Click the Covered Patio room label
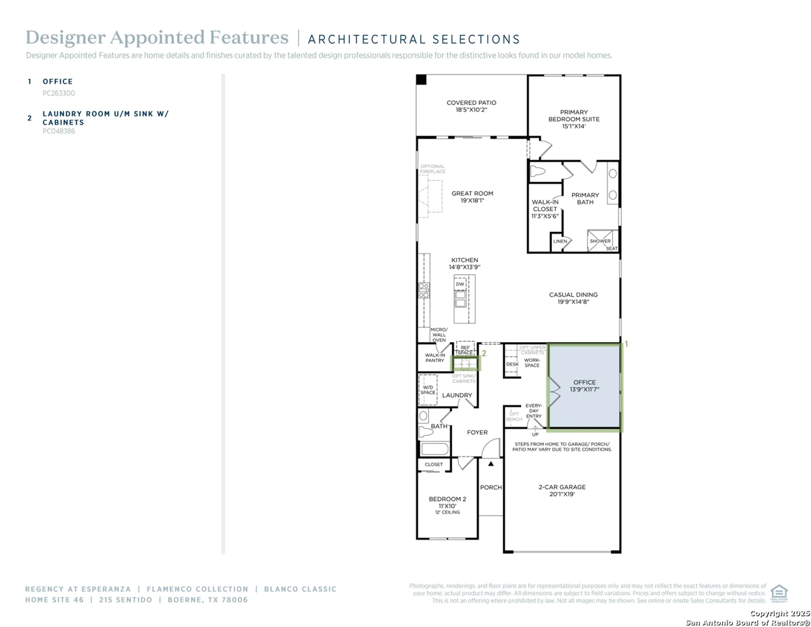click(471, 106)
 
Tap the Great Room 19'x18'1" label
click(472, 197)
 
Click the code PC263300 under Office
click(58, 93)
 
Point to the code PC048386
click(58, 131)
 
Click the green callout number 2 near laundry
click(484, 354)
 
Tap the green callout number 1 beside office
click(626, 344)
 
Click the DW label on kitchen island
click(460, 284)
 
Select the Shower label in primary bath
click(600, 241)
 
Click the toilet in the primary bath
click(537, 171)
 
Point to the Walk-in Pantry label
click(435, 358)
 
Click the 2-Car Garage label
click(562, 490)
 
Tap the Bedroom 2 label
click(447, 502)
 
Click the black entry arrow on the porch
click(491, 464)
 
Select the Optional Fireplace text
click(433, 169)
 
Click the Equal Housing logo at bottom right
click(779, 593)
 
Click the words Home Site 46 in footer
click(54, 600)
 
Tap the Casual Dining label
click(573, 298)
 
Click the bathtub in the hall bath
click(435, 449)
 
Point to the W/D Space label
click(428, 390)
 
